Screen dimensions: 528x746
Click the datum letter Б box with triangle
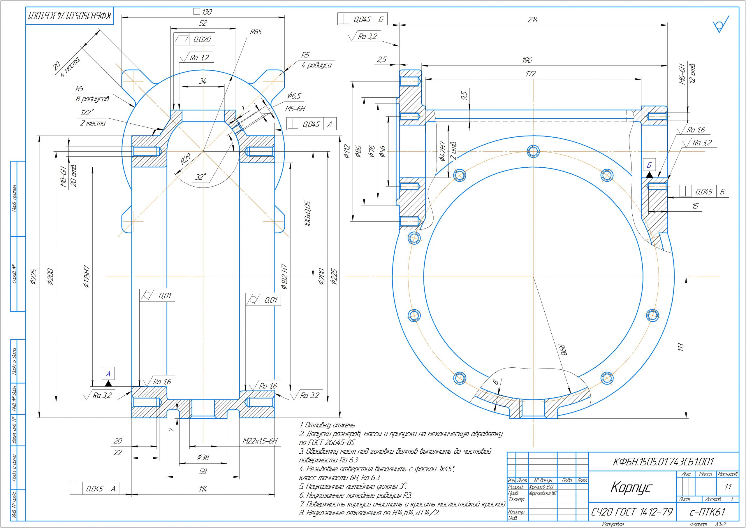coord(649,166)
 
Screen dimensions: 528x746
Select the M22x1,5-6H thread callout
coord(260,441)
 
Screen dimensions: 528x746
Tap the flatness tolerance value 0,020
coord(202,40)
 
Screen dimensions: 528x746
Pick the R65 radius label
coord(256,32)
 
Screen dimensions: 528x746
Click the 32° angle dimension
coord(201,177)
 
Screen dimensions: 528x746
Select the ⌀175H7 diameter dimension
coord(87,277)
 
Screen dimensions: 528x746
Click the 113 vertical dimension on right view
coord(681,347)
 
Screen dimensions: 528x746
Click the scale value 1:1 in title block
coord(728,487)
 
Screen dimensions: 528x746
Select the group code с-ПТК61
coord(707,512)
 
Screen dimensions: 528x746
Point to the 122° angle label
coord(87,113)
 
